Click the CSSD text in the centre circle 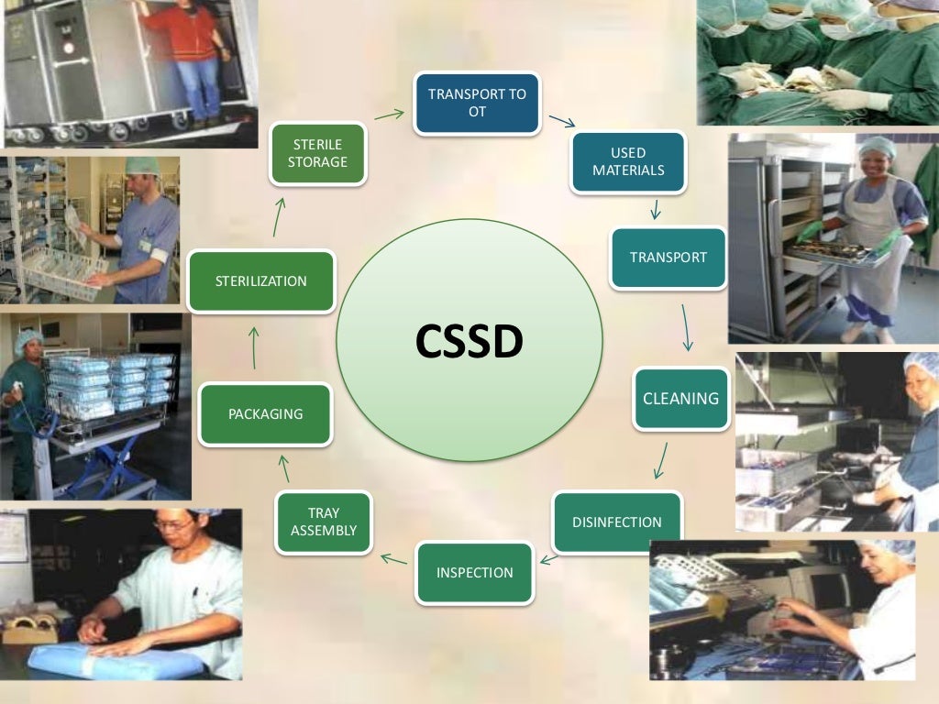tap(469, 341)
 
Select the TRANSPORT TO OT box tap(477, 103)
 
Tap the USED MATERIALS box tap(628, 161)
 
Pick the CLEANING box tap(680, 399)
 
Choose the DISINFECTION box tap(617, 522)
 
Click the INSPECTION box tap(474, 573)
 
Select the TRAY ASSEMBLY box tap(324, 522)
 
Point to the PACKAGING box tap(265, 414)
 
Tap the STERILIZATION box tap(260, 280)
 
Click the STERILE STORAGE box tap(317, 153)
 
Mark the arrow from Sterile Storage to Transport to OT tap(390, 115)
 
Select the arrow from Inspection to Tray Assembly tap(394, 557)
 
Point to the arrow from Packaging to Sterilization tap(255, 346)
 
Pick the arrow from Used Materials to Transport tap(655, 209)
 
